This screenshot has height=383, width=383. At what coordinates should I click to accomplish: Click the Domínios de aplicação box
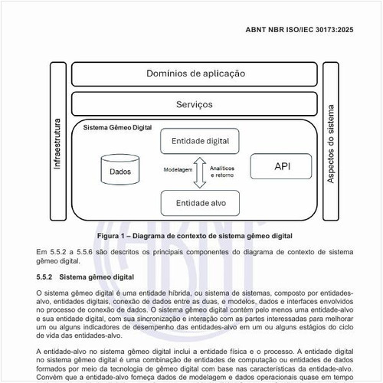[195, 74]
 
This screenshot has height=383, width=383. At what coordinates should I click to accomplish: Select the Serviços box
[195, 103]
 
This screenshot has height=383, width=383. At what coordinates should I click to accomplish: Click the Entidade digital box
[201, 141]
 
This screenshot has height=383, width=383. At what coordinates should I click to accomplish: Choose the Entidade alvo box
[201, 203]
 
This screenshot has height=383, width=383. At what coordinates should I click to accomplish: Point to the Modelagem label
[179, 170]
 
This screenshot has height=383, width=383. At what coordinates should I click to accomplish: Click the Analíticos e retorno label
[222, 172]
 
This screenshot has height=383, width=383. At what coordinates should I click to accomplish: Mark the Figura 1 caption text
[195, 236]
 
